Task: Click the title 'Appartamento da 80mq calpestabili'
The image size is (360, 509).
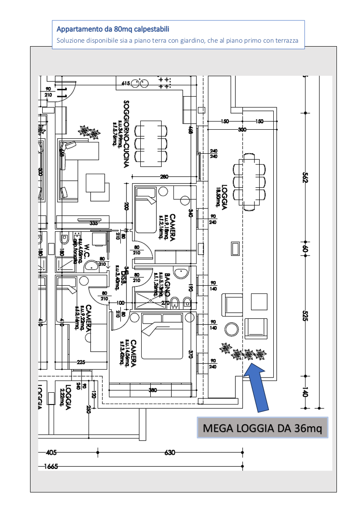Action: click(x=113, y=30)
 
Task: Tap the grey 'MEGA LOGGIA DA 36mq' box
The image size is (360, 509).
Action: click(x=262, y=428)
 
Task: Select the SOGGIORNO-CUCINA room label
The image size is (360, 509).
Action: click(x=126, y=134)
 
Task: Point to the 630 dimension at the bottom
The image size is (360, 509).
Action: click(x=170, y=453)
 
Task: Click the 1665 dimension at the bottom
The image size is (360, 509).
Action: click(x=51, y=467)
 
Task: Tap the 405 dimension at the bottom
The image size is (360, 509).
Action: click(x=51, y=453)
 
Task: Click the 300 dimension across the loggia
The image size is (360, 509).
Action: click(x=242, y=129)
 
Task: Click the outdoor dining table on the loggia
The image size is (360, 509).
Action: click(x=249, y=184)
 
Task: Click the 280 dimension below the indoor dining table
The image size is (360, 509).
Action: click(x=164, y=176)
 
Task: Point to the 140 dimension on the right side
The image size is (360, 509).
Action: click(x=305, y=392)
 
